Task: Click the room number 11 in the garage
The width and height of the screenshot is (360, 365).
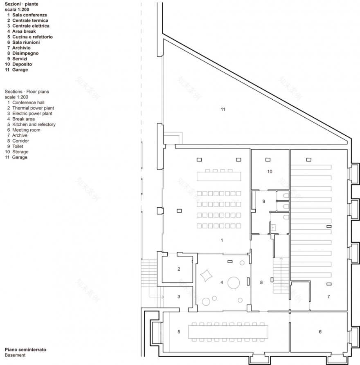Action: pos(223,109)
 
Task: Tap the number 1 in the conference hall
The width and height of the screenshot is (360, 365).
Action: pos(222,240)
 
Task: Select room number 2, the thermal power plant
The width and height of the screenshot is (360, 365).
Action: pos(179,269)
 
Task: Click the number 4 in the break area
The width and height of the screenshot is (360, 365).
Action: pos(222,282)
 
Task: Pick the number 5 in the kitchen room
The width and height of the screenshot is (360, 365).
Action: pos(179,332)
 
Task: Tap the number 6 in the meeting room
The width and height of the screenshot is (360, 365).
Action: pos(320,332)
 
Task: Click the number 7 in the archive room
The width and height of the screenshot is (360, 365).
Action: pos(328,296)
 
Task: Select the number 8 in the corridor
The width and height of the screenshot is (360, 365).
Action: pos(261,282)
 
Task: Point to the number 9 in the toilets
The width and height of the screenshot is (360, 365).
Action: pos(264,201)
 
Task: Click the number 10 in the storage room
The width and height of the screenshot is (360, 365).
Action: pos(270,172)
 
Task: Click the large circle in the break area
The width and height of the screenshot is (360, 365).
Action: pos(234,282)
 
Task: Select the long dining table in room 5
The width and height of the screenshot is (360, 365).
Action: pos(228,331)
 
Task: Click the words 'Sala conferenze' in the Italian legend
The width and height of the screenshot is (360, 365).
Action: pos(29,15)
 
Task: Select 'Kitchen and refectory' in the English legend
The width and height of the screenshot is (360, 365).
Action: pos(34,124)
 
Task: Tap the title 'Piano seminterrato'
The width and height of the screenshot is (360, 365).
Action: pos(25,350)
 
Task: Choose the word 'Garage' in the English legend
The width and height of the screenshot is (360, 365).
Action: pos(20,157)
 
